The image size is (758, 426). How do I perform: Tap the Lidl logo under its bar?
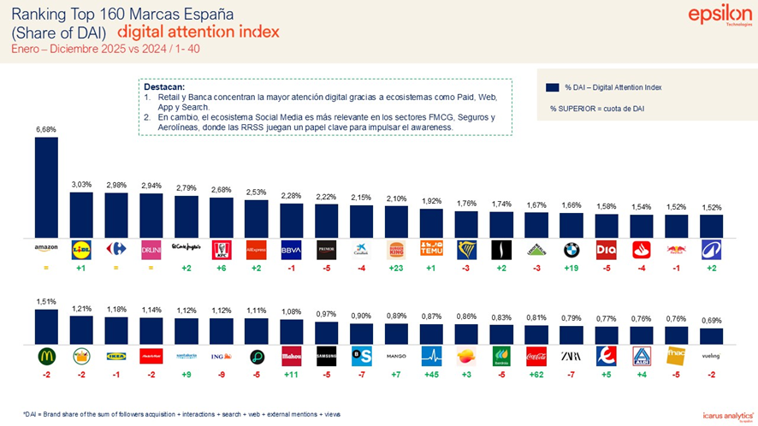coord(81,248)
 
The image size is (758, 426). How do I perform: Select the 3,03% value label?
coord(81,184)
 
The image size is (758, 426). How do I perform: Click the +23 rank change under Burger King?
coord(396,268)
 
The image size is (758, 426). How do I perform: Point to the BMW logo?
coord(571,248)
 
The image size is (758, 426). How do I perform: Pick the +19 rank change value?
coord(571,268)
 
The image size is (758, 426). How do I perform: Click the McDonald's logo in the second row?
coord(46,356)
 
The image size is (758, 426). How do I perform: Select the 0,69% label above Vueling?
coord(711,320)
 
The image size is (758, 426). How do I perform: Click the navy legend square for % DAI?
coord(552,87)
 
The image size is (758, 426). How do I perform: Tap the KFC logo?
coord(221,248)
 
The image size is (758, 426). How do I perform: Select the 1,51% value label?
coord(46,301)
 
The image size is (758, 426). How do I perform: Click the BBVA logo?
coord(291,248)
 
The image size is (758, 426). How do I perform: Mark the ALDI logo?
coord(642,356)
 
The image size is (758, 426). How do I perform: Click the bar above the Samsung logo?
coord(326,333)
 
